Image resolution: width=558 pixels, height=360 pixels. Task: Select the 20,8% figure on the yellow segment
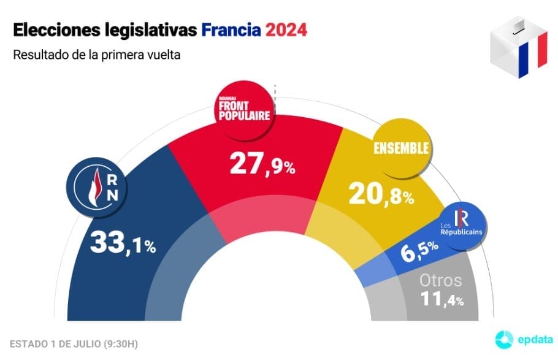(381, 193)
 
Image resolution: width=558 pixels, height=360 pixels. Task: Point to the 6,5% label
(420, 250)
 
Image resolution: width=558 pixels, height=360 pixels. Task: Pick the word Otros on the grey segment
(440, 281)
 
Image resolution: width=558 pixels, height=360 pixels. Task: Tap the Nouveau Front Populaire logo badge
(244, 110)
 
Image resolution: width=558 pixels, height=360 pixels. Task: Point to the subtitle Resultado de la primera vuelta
(96, 55)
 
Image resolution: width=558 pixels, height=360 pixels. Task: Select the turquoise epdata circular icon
(503, 338)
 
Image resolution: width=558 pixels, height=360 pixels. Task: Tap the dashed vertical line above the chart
(275, 91)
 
